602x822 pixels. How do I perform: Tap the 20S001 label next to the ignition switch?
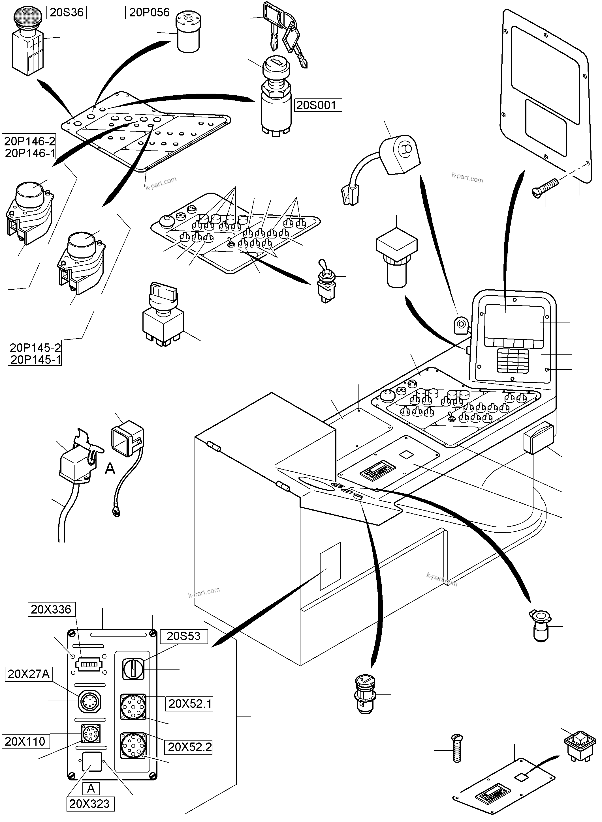pos(316,105)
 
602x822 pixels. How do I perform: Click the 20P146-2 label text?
pos(29,141)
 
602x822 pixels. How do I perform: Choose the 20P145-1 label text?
pos(35,360)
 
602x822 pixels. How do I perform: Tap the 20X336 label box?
pos(51,609)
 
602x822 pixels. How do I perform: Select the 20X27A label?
pos(28,674)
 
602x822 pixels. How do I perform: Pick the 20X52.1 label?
pos(189,704)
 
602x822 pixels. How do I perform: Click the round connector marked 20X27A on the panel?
pos(90,700)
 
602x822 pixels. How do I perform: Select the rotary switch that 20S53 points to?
pos(133,669)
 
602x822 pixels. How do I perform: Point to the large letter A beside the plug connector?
pos(110,469)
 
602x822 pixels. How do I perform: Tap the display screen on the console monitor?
pos(514,321)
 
